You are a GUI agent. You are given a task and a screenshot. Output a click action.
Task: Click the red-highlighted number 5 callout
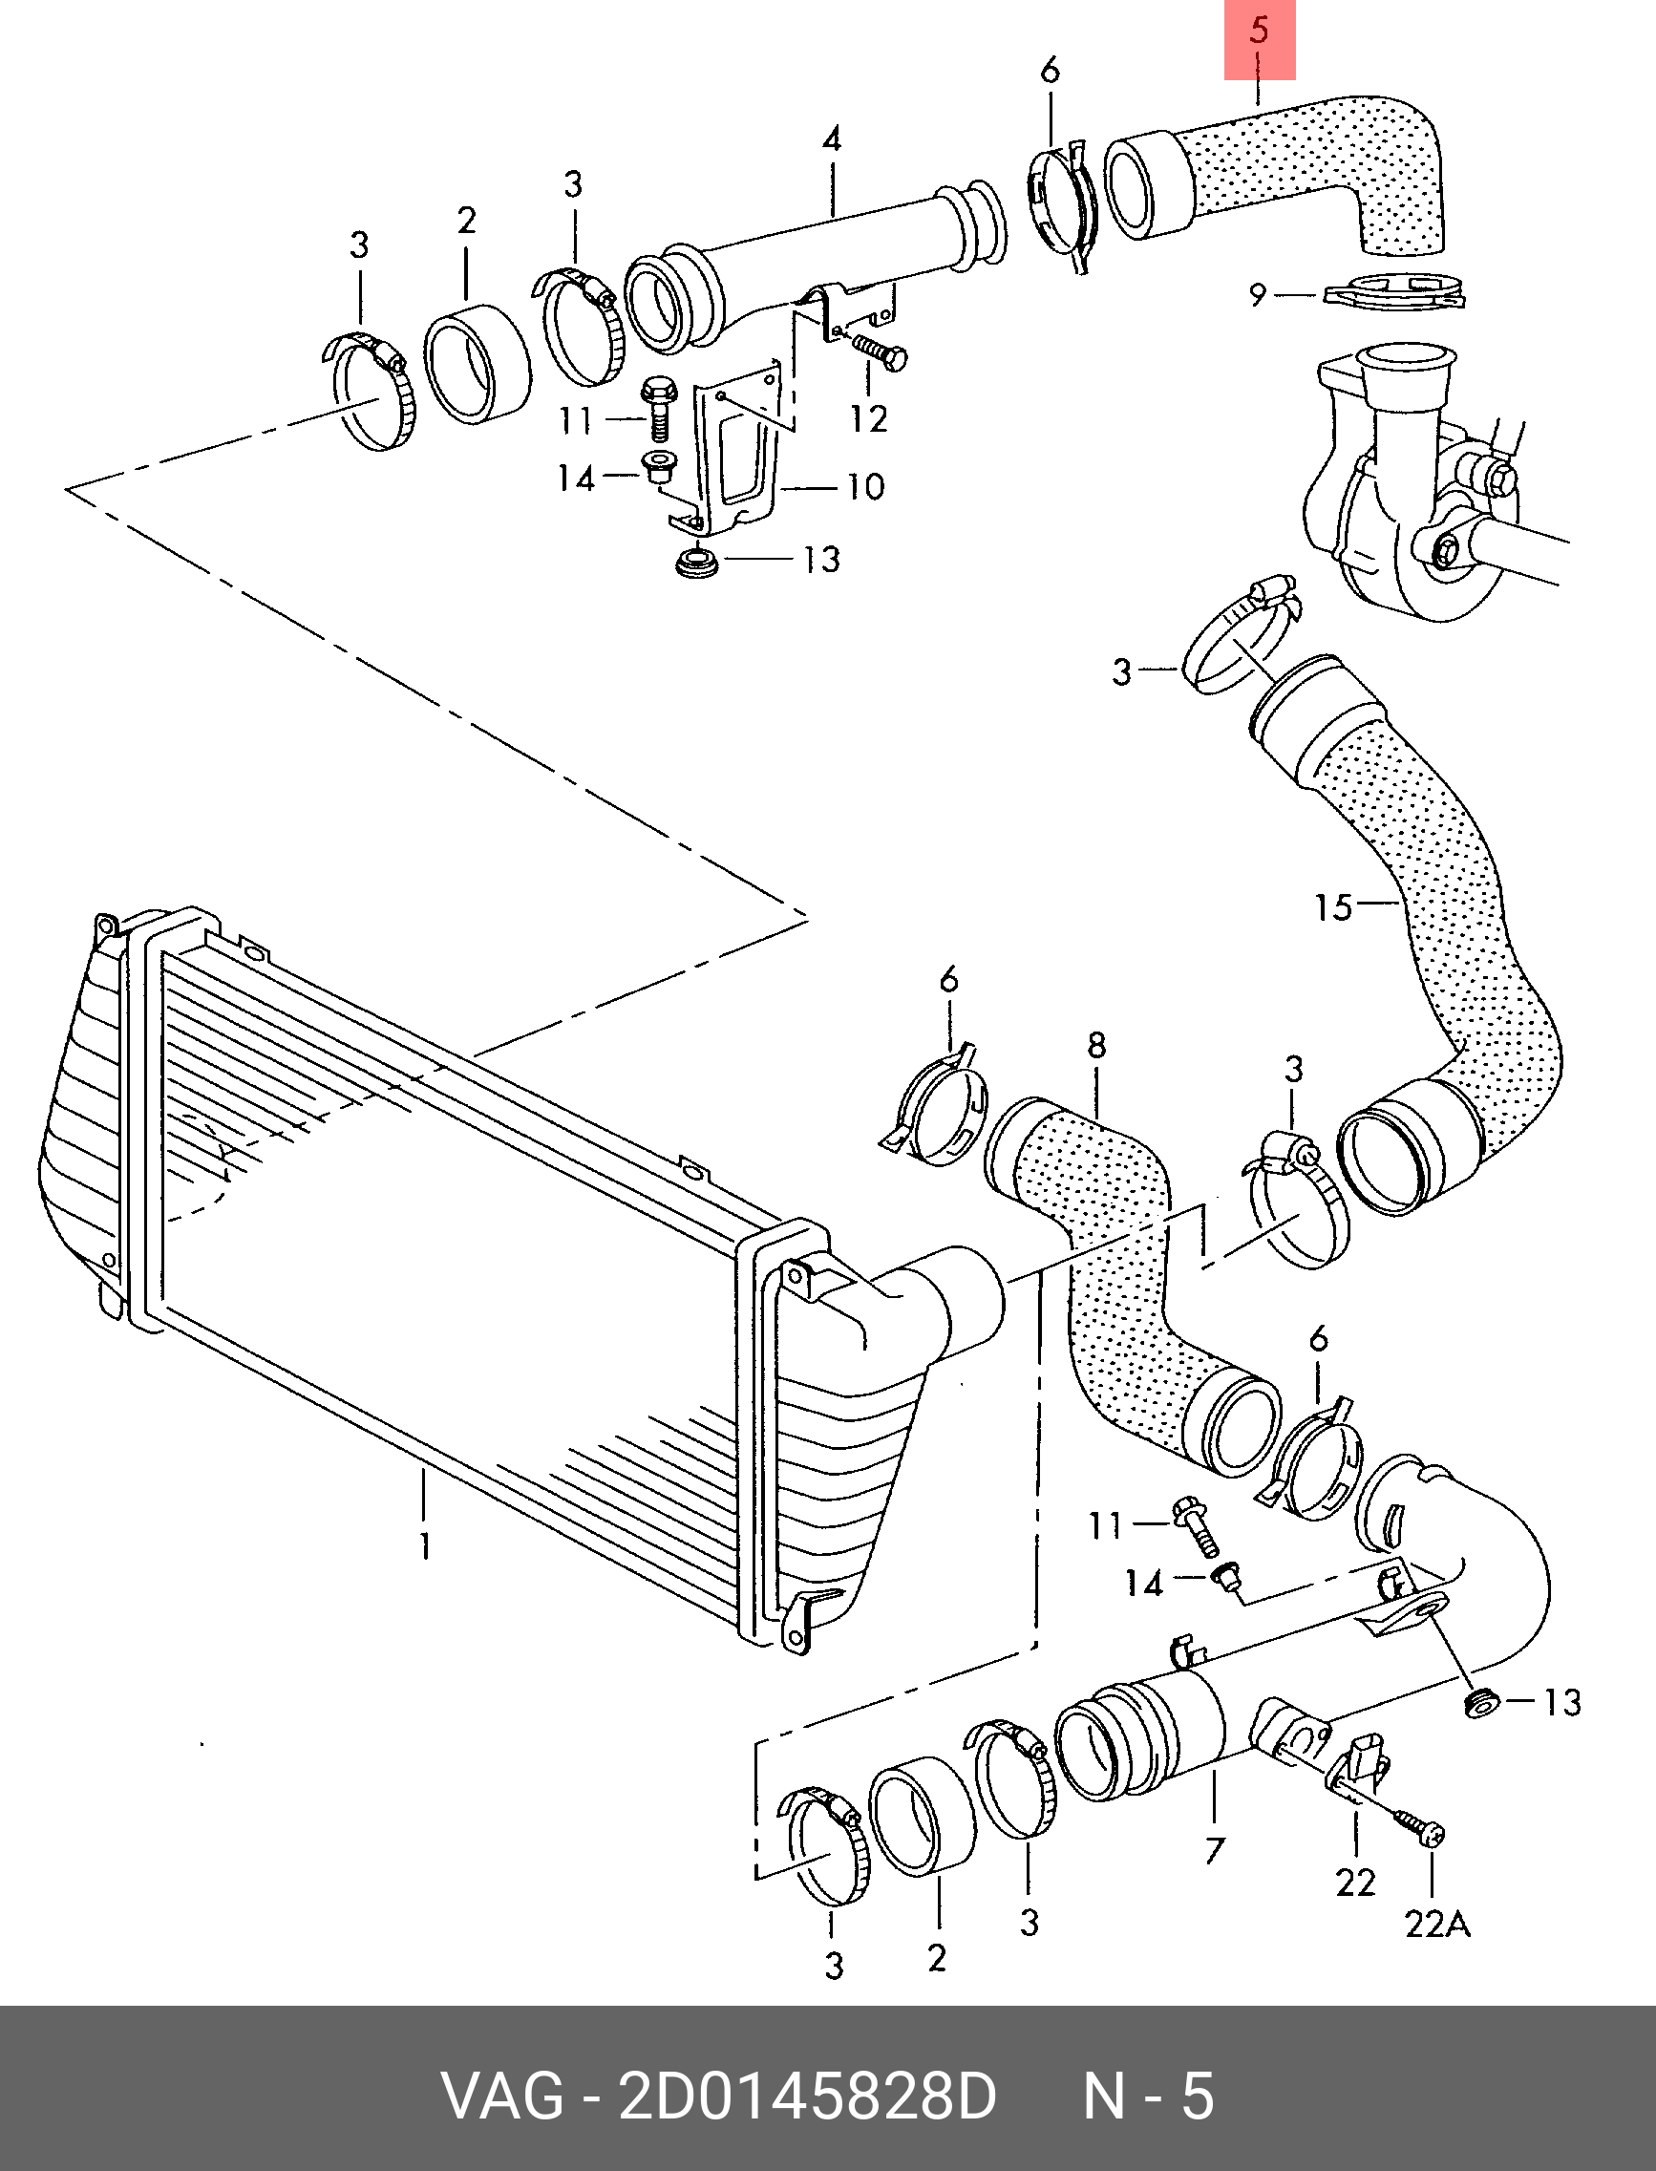coord(1259,32)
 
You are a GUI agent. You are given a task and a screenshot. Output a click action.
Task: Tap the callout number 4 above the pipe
coord(832,139)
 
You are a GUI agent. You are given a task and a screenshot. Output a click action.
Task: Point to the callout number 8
coord(1096,1045)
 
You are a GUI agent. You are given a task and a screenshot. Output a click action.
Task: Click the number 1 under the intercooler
coord(425,1545)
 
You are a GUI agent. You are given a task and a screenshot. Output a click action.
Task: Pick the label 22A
coord(1437,1924)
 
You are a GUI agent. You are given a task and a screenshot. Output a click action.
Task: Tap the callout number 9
coord(1258,294)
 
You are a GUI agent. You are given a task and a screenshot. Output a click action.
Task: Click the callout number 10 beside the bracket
coord(865,486)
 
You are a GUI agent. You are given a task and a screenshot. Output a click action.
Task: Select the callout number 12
coord(868,419)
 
